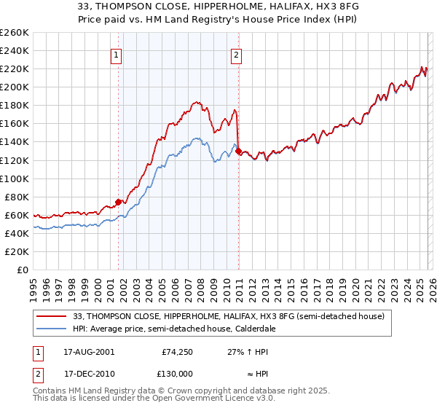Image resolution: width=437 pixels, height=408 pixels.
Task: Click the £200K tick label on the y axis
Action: [15, 87]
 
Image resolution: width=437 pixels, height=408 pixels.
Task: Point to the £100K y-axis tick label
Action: [15, 178]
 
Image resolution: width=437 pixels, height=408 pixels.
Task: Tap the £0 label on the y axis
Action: [22, 270]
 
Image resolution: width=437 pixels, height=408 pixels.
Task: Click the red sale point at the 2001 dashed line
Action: [118, 202]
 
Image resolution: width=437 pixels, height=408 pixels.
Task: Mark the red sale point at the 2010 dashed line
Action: [238, 151]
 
